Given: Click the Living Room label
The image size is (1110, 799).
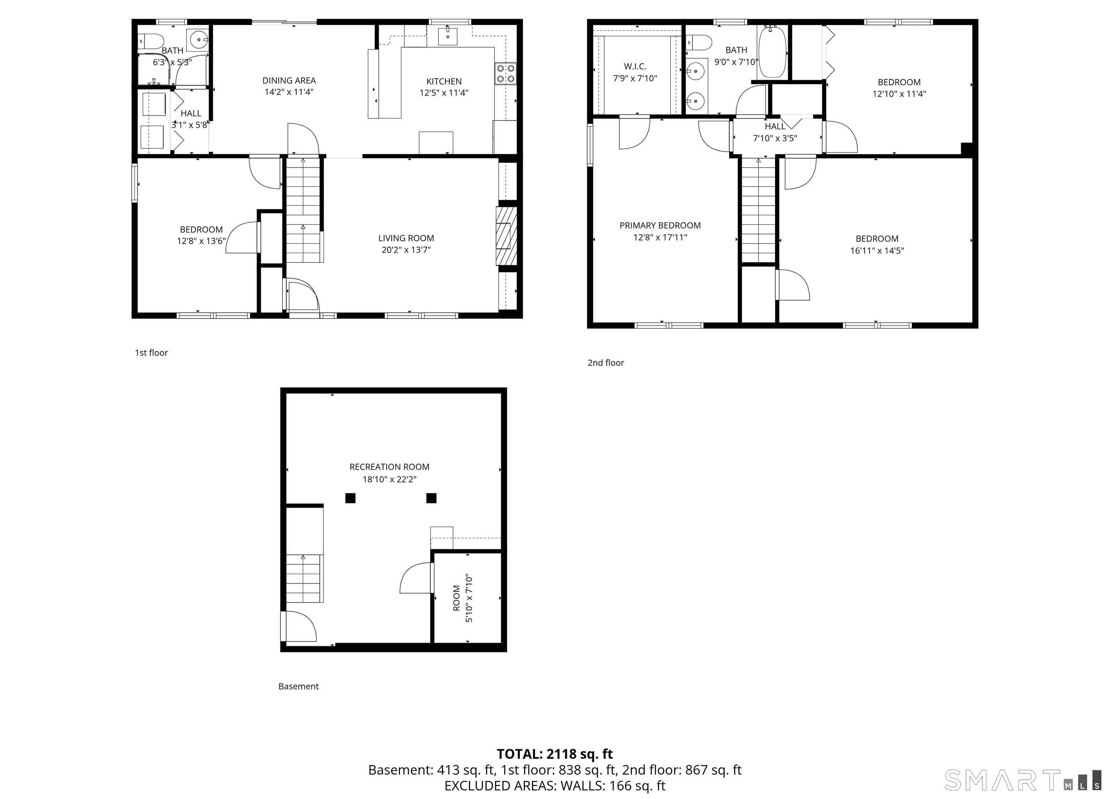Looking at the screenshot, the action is click(x=406, y=238).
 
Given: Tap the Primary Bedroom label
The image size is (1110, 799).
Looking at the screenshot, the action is click(x=660, y=225).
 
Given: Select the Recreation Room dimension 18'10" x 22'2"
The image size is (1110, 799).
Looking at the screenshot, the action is click(x=390, y=479).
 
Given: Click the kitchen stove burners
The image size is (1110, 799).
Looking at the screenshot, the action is click(x=505, y=73).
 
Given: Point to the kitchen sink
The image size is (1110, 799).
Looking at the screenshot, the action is click(x=447, y=36).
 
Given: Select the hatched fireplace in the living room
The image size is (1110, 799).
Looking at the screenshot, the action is click(x=507, y=236).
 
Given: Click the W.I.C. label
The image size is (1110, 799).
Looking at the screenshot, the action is click(x=635, y=66).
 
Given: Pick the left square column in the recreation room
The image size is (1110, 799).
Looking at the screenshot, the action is click(x=350, y=498).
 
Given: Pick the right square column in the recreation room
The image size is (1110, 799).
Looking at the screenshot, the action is click(x=431, y=498).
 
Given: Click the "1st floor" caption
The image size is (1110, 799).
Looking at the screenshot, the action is click(x=151, y=352).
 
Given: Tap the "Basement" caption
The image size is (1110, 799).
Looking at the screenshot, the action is click(x=298, y=686).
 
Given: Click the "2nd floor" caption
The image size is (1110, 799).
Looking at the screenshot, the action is click(x=606, y=362).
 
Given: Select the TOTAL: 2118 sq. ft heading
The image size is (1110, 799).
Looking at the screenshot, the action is click(x=555, y=754).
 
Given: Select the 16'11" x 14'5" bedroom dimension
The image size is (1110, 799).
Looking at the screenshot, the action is click(x=877, y=250).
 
